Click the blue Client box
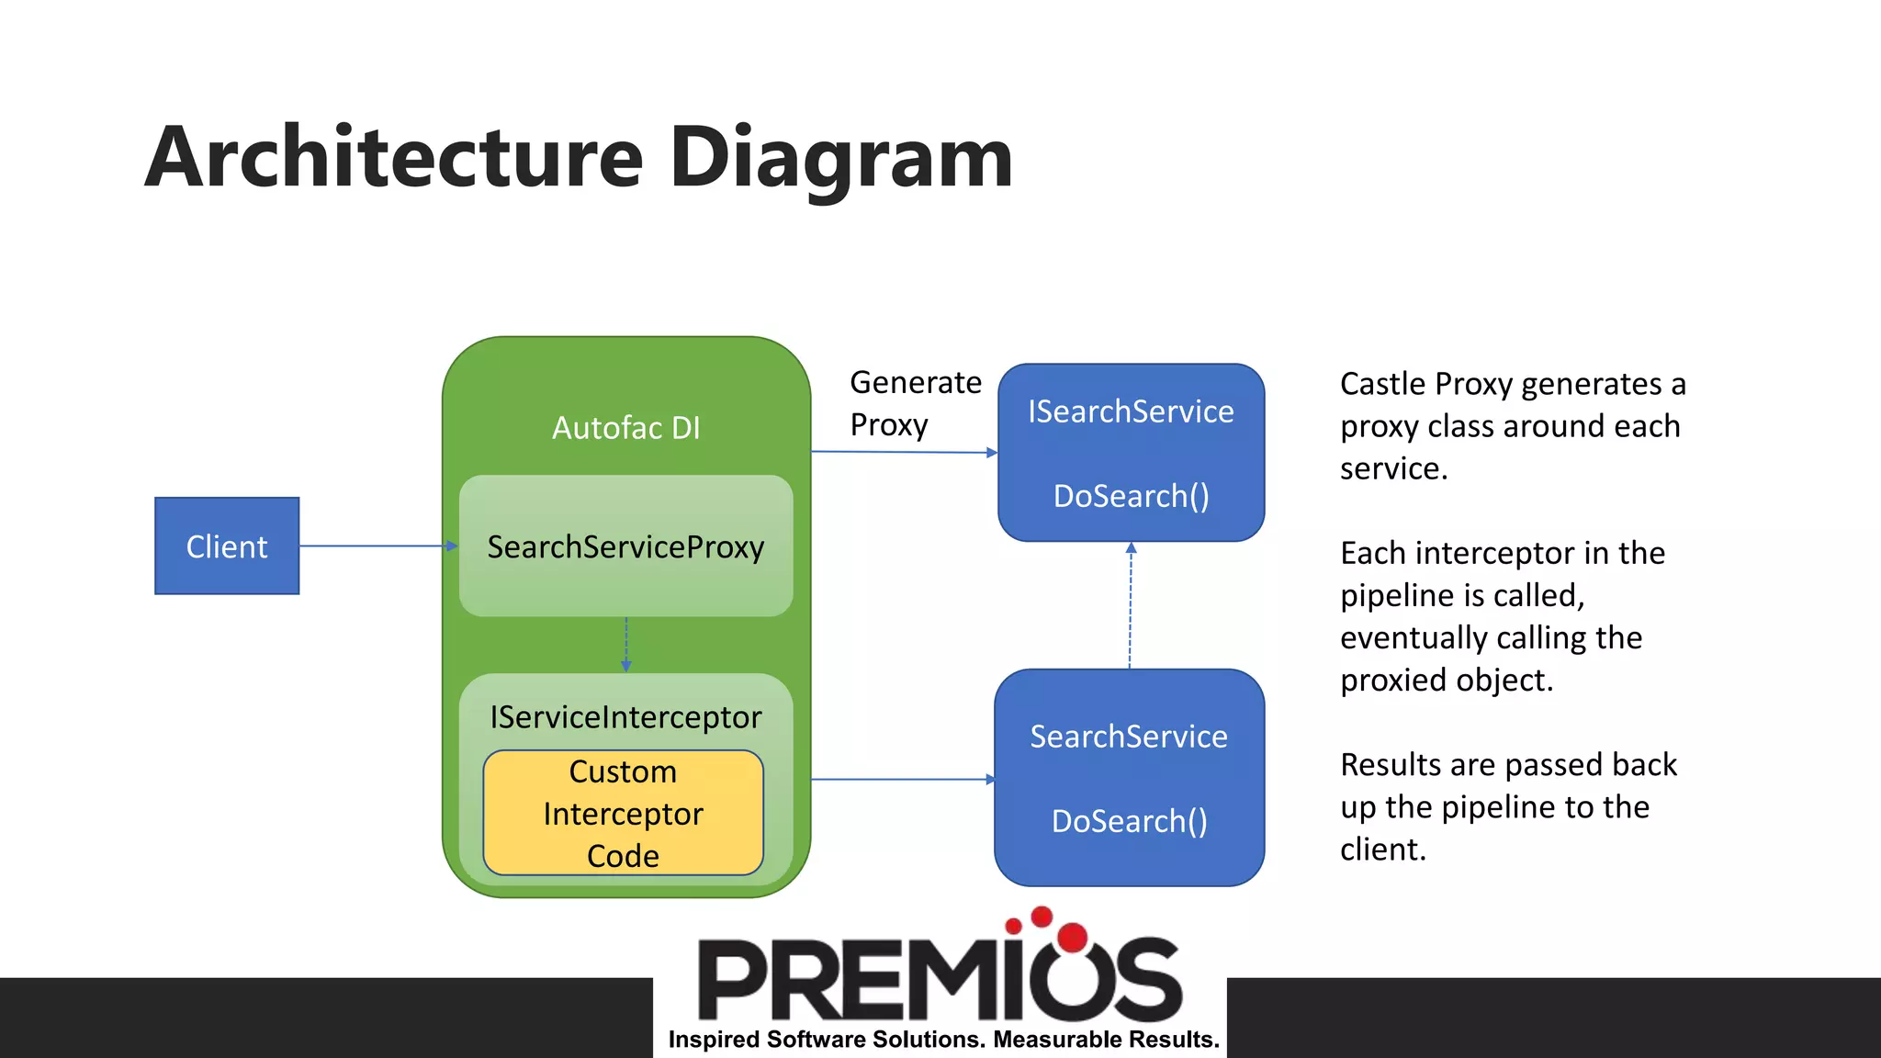[x=227, y=546]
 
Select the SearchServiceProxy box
[x=625, y=546]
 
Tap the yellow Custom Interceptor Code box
[x=623, y=814]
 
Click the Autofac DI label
[x=625, y=428]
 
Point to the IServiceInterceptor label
[x=625, y=717]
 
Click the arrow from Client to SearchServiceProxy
[x=377, y=546]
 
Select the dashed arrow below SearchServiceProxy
[x=626, y=644]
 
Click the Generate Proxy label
[x=914, y=403]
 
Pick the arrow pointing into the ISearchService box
[x=905, y=452]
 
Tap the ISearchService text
[x=1131, y=411]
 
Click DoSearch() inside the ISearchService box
[x=1131, y=496]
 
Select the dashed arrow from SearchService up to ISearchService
[x=1131, y=606]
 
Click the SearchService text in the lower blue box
[x=1129, y=737]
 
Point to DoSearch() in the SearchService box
[x=1129, y=821]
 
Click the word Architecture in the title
[x=394, y=157]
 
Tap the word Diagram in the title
[x=840, y=157]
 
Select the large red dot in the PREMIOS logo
[x=1073, y=937]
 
